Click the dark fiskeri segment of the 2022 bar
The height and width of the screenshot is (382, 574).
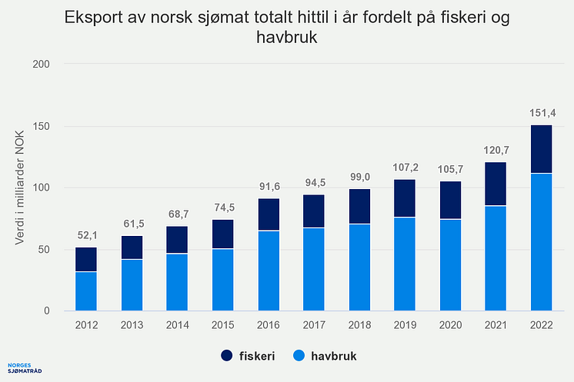542,149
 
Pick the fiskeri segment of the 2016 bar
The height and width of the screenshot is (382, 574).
268,214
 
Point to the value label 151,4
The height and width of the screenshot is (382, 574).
542,114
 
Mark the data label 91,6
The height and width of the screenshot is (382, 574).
268,188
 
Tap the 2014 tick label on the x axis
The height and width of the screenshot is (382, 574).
177,324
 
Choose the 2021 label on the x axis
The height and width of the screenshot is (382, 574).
496,324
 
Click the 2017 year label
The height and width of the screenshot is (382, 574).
314,324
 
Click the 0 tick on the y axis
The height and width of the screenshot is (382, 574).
47,311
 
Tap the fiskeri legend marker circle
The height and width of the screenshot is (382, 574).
226,357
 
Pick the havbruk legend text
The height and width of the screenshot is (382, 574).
334,357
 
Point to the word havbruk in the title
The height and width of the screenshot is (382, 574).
287,37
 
